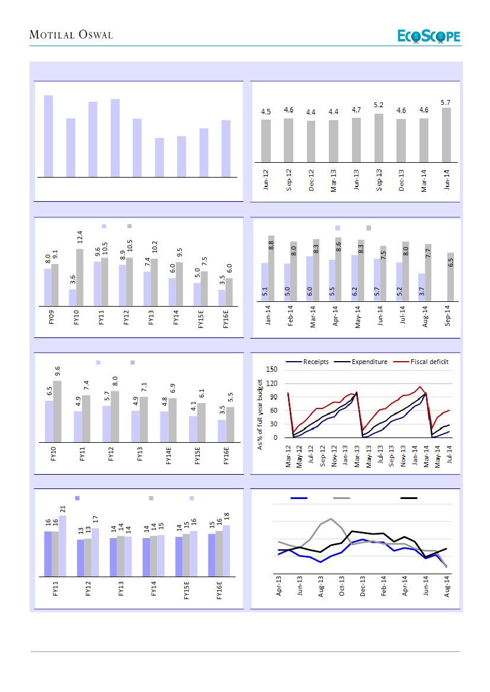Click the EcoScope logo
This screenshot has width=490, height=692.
[428, 36]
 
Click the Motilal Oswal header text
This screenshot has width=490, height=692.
[71, 36]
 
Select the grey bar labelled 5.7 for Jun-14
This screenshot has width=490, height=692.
[446, 134]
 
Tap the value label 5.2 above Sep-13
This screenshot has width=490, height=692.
[379, 105]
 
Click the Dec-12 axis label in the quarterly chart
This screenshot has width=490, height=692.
[311, 179]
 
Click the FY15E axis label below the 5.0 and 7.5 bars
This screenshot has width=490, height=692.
[201, 321]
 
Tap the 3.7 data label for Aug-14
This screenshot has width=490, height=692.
[420, 291]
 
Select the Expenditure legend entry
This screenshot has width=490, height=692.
[364, 362]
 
